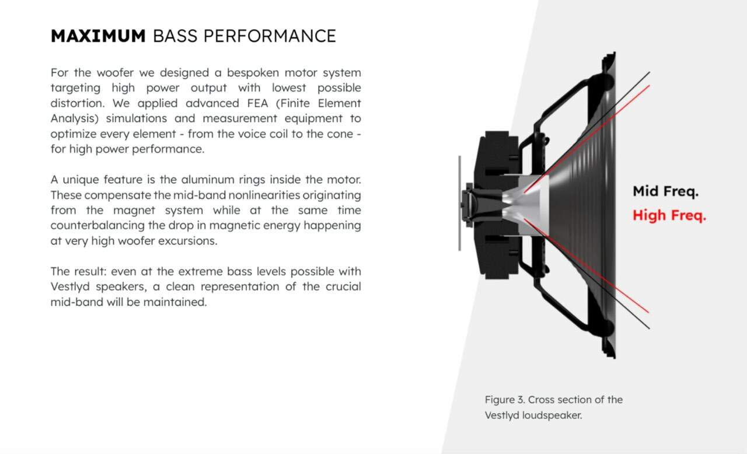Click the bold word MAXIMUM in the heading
98,36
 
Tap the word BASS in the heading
175,36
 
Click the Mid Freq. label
666,191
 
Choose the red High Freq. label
669,215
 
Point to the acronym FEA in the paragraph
257,103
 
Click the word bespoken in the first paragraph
253,73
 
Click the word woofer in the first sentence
116,73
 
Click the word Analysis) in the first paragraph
75,118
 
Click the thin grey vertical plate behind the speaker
459,203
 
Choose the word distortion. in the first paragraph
78,103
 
